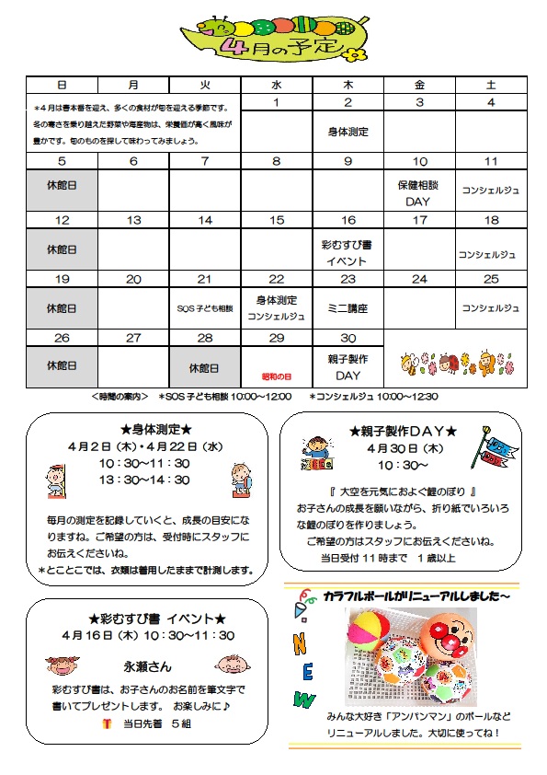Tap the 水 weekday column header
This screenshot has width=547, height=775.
277,85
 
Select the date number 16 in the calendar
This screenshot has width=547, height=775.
348,220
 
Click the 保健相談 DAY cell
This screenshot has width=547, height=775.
419,192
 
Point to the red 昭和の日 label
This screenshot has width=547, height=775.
277,377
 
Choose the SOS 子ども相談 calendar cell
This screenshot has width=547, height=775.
205,308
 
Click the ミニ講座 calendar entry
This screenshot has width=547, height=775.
348,308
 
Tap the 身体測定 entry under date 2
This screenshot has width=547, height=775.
348,132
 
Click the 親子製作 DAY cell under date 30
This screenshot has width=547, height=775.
348,367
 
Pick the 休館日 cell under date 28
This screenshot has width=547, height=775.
205,367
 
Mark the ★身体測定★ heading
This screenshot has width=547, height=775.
155,430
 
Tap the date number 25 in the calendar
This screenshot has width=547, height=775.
491,279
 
